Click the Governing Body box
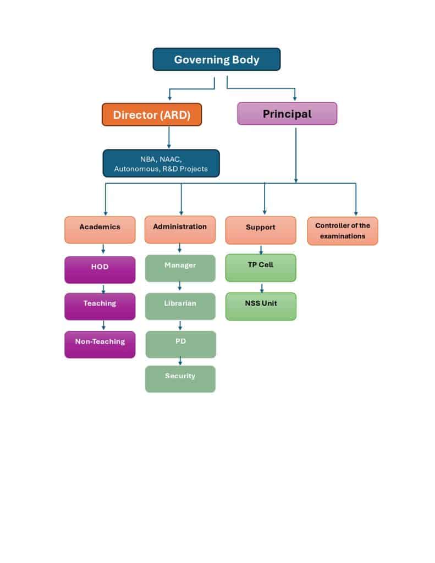click(216, 59)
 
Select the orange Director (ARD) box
click(152, 114)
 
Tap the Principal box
click(287, 114)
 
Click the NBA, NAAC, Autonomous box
click(161, 163)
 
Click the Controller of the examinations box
click(342, 231)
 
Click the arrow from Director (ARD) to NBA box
click(169, 137)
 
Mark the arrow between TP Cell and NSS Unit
click(261, 288)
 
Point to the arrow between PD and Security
click(180, 361)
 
